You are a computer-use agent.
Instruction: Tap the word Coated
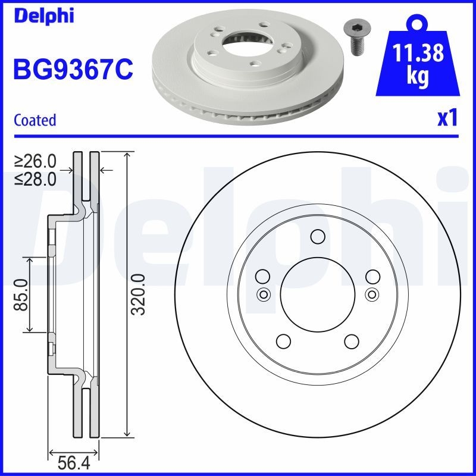point(35,120)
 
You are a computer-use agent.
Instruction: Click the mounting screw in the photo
point(356,37)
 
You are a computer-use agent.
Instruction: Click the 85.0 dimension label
point(21,295)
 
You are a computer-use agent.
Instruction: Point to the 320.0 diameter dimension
point(139,295)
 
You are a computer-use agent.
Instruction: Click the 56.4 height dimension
point(73,462)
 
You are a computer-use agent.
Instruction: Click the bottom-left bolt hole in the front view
point(283,342)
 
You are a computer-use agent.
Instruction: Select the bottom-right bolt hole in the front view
point(352,342)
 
